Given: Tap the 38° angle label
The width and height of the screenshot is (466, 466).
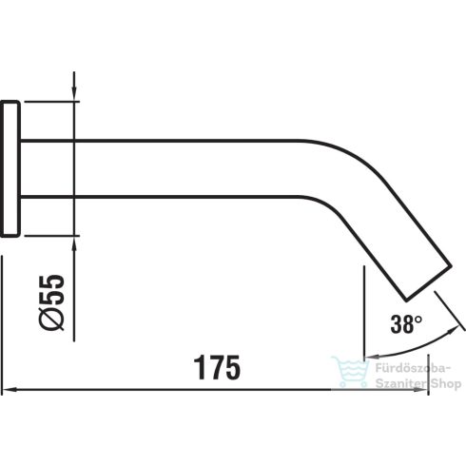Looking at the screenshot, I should [x=406, y=322].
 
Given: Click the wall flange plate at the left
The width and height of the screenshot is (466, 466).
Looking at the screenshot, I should [x=11, y=168].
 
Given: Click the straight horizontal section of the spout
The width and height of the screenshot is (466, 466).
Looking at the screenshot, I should [x=171, y=168].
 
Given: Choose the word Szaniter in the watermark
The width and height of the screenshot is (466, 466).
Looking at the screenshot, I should [x=392, y=384].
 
